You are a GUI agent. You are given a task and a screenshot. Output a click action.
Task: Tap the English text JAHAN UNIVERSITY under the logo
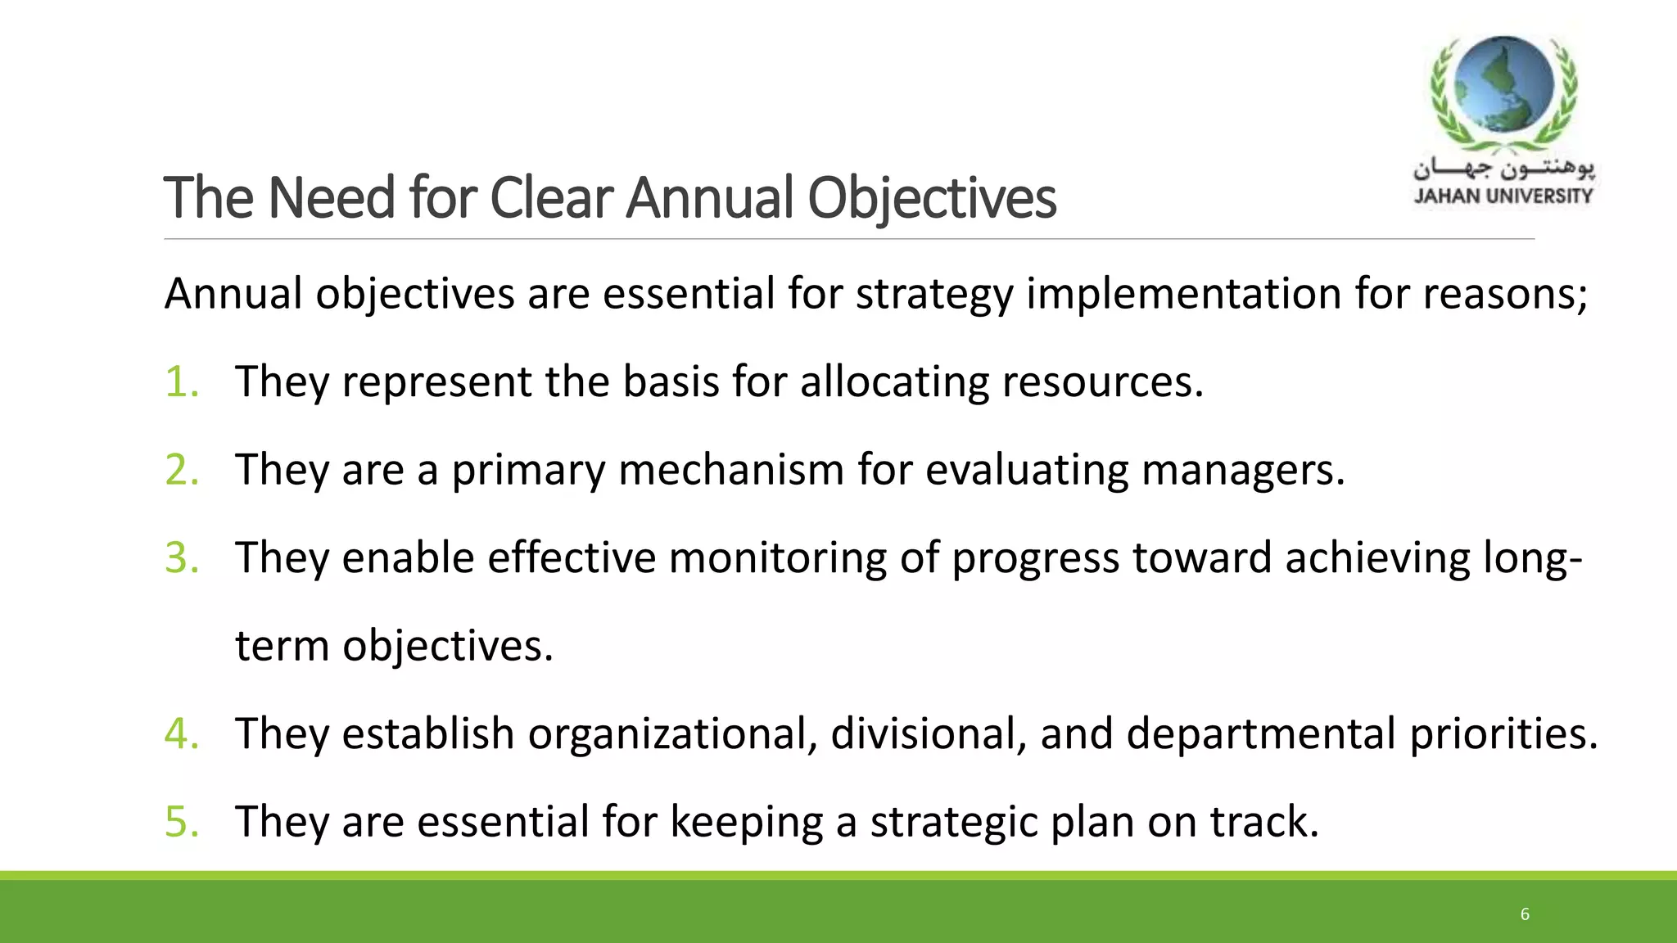pos(1503,196)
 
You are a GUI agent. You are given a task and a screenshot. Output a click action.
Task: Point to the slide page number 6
pos(1525,914)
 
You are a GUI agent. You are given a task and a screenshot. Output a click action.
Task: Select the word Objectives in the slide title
pos(932,200)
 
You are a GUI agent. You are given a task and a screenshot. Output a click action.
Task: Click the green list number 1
pos(181,381)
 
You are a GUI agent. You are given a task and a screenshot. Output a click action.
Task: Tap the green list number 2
pos(181,470)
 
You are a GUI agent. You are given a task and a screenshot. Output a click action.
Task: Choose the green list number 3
pos(181,557)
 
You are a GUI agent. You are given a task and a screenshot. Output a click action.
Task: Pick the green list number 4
pos(181,733)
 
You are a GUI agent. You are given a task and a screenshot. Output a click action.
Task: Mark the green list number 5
pos(181,821)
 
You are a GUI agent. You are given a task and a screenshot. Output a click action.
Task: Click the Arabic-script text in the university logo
pos(1503,169)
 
